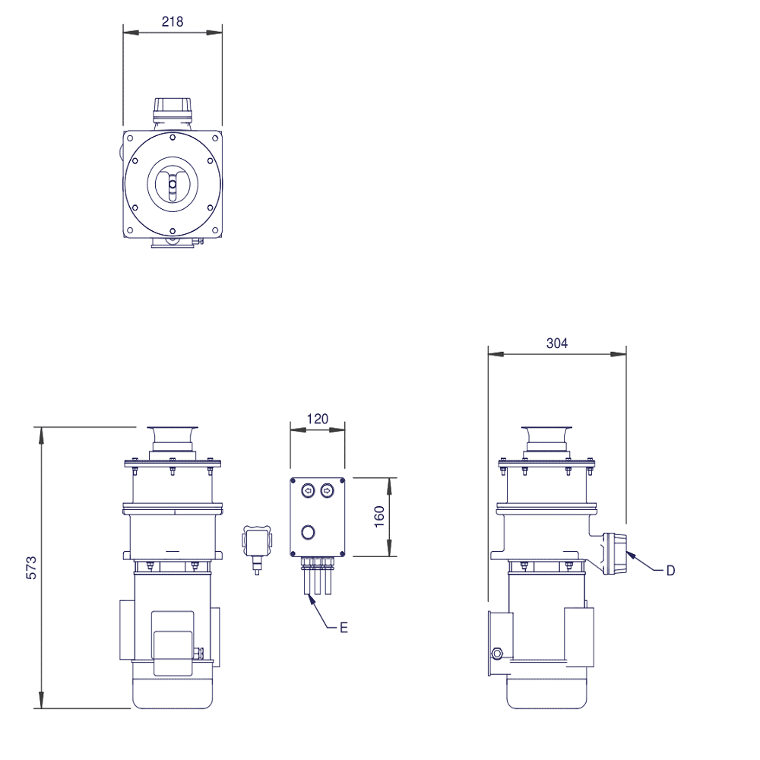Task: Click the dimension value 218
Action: tap(173, 22)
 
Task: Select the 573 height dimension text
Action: tap(31, 568)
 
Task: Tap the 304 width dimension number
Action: tap(557, 344)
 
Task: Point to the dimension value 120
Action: tap(318, 419)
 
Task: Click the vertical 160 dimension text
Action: tap(379, 517)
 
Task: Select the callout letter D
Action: tap(671, 571)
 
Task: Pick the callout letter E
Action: tap(344, 628)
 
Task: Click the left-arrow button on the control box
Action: tap(308, 491)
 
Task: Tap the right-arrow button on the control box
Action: tap(328, 491)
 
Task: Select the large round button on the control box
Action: tap(309, 532)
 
